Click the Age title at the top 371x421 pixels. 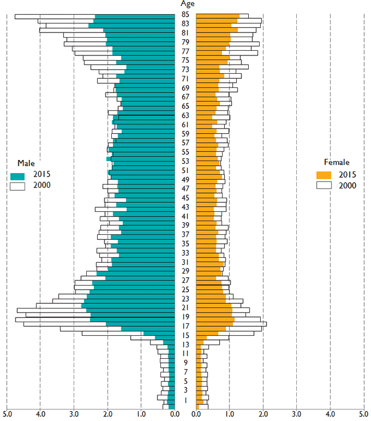point(185,4)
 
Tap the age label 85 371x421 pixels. point(185,14)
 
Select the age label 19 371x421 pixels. point(185,316)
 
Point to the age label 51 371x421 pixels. point(185,170)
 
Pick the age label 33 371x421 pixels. point(185,252)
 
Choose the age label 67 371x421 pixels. point(185,97)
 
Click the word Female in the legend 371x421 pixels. point(338,163)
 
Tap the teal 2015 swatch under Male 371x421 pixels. point(17,174)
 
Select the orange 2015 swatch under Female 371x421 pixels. point(324,174)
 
